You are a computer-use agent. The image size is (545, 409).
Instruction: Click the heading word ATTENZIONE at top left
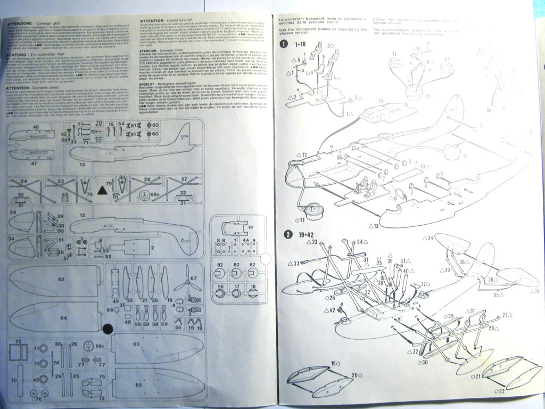[x=21, y=25]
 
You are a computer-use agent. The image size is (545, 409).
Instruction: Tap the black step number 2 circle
[x=288, y=234]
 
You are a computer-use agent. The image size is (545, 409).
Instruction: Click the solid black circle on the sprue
[x=107, y=329]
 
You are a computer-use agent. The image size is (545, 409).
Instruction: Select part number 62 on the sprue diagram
[x=61, y=279]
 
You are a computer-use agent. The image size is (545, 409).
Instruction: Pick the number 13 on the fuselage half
[x=82, y=165]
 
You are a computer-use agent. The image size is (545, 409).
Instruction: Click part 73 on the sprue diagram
[x=18, y=341]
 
